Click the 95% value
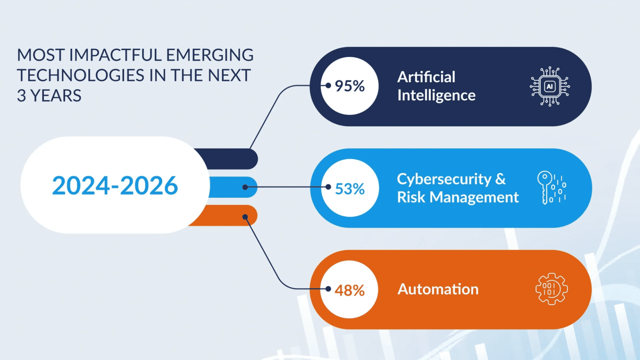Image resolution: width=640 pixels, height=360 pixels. click(350, 86)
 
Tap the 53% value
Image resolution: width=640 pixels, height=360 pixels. click(350, 189)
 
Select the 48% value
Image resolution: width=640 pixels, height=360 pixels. click(350, 290)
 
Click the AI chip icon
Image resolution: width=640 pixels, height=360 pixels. click(550, 86)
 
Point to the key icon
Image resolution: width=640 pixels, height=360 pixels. click(552, 188)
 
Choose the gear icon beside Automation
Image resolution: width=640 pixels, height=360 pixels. click(552, 289)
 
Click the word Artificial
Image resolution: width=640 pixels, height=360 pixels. click(426, 77)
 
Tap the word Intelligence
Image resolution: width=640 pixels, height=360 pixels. click(436, 96)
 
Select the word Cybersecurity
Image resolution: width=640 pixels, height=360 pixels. click(444, 179)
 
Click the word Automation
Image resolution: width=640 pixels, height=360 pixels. click(438, 289)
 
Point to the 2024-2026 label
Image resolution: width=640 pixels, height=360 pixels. click(115, 185)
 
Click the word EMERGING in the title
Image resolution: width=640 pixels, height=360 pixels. click(210, 55)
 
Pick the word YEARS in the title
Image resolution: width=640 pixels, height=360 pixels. click(56, 96)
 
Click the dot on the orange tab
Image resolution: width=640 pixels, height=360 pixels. click(245, 217)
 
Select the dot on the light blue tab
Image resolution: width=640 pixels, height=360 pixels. click(245, 187)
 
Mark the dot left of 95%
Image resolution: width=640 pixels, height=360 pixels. click(328, 86)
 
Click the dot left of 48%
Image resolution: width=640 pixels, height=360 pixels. click(328, 289)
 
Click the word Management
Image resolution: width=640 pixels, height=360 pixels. click(474, 198)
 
